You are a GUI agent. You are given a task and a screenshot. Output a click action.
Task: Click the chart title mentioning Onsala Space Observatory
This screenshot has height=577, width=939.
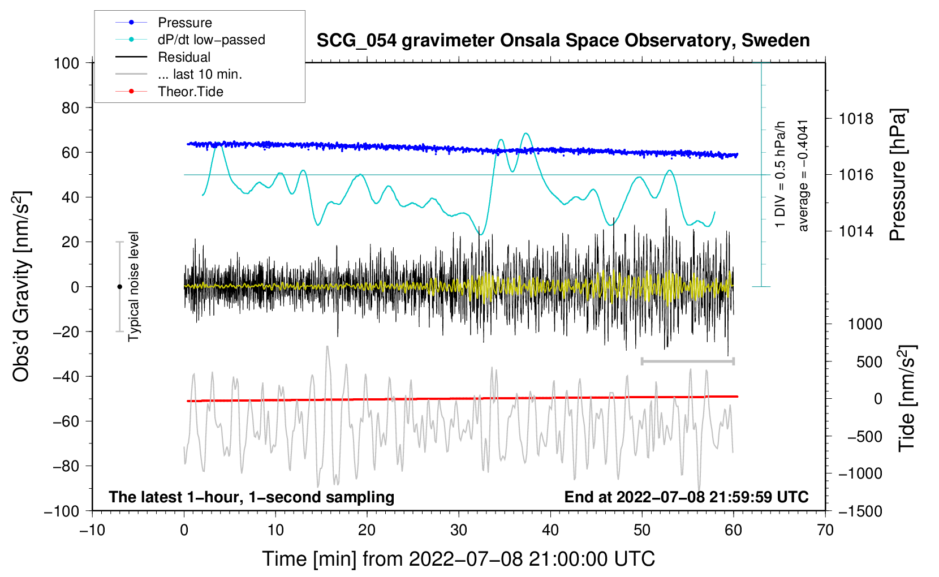tap(563, 41)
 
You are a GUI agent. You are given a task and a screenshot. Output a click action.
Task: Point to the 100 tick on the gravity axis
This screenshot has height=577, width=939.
tap(66, 63)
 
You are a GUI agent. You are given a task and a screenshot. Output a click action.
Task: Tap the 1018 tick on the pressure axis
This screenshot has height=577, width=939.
tap(856, 119)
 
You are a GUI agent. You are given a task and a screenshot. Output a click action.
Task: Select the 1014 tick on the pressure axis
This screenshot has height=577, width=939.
tap(856, 231)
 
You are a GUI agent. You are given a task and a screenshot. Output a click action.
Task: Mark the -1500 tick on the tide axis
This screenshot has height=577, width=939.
tap(860, 511)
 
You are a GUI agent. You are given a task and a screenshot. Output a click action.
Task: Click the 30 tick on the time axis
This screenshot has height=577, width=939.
tap(459, 530)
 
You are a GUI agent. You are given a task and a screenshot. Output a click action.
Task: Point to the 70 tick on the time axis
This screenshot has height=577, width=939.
tap(825, 530)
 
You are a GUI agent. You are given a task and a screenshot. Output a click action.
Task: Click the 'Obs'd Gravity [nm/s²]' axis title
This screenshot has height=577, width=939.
tap(21, 287)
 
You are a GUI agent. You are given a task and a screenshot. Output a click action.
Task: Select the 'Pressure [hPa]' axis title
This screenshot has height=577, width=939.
tap(898, 175)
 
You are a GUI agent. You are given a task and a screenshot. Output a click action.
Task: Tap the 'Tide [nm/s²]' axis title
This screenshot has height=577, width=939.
tap(906, 398)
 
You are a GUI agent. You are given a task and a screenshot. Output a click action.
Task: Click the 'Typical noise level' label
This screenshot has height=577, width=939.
tap(133, 287)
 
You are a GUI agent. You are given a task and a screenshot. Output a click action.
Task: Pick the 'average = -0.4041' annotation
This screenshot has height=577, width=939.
tap(803, 175)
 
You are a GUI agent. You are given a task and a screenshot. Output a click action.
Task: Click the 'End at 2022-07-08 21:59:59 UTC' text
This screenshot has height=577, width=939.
tap(686, 497)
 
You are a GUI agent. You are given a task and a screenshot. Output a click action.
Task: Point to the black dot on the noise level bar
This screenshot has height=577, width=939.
tap(119, 287)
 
